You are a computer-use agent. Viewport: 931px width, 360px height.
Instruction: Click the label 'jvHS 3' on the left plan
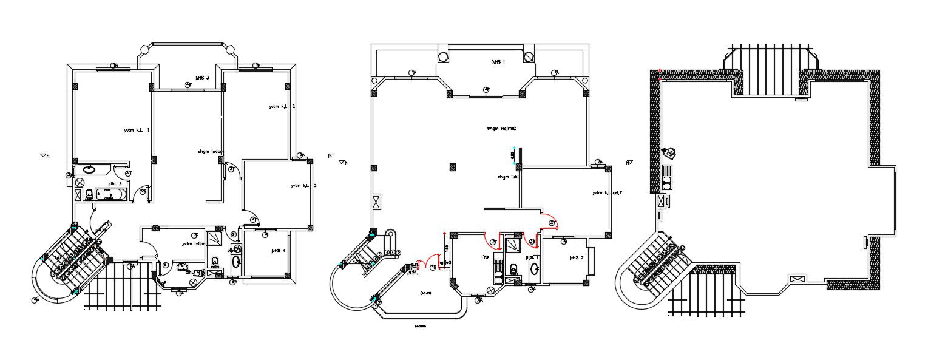click(x=202, y=78)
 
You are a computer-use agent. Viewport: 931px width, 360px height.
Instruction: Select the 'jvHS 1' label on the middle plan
click(x=498, y=62)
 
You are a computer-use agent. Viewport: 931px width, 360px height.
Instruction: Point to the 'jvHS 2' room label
click(x=576, y=257)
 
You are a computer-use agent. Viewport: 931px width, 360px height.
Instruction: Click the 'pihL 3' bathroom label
click(x=115, y=183)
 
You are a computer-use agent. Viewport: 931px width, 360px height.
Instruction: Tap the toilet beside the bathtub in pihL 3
click(x=89, y=194)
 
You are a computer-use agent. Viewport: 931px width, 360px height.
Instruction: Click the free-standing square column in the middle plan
click(x=452, y=167)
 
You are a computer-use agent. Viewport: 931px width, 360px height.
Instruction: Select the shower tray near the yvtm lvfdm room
click(x=215, y=237)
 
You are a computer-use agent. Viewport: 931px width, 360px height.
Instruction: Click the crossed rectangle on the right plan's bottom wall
click(x=797, y=279)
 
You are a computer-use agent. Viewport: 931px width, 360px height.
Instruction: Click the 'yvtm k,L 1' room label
click(x=136, y=130)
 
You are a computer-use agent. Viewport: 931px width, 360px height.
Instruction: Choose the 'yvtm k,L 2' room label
click(x=282, y=107)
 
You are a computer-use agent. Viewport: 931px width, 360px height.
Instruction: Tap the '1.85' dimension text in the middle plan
click(x=446, y=248)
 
